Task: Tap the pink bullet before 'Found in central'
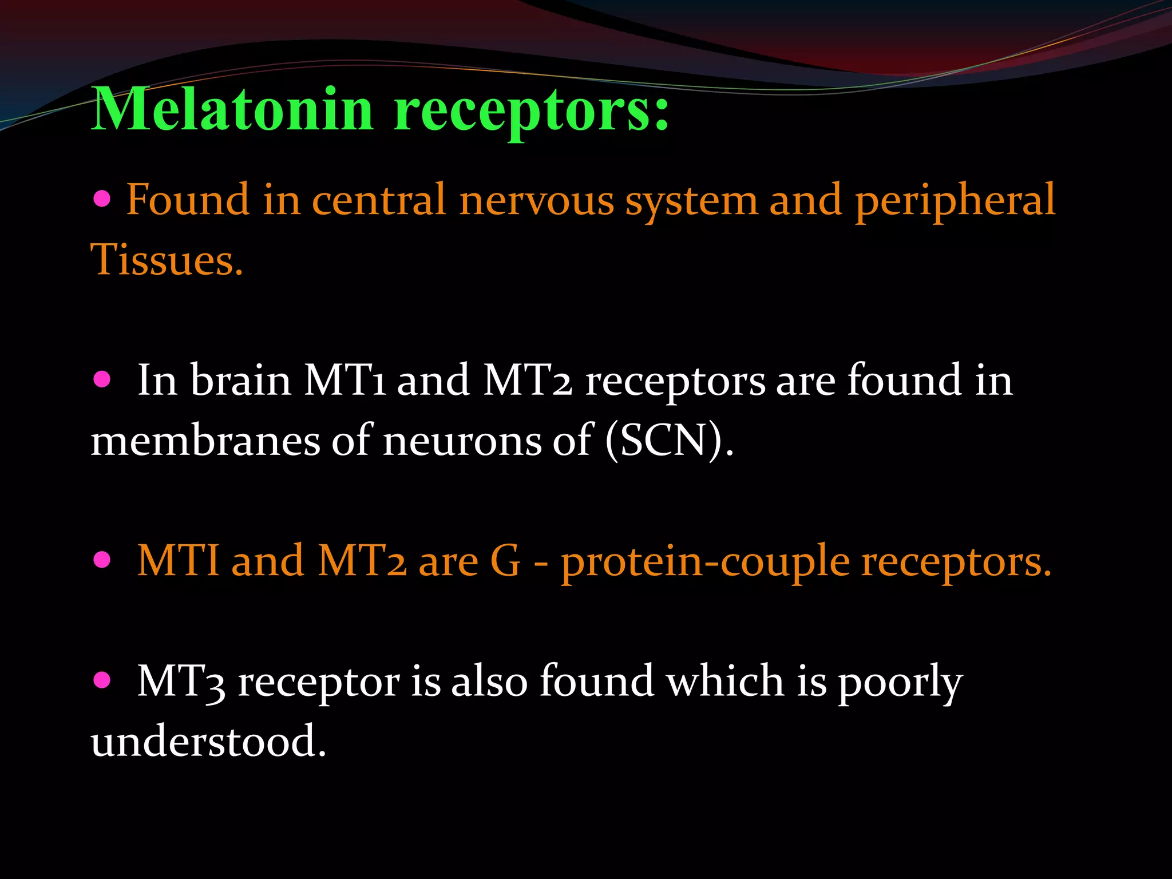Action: coord(102,199)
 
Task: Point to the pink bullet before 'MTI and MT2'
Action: coord(102,560)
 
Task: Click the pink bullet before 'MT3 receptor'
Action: coord(102,681)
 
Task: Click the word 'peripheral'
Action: coord(955,201)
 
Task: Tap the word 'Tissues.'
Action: coord(167,260)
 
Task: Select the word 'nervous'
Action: coord(536,201)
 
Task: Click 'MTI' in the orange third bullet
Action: coord(178,561)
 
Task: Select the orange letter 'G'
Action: coord(505,561)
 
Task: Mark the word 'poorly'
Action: coord(900,683)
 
